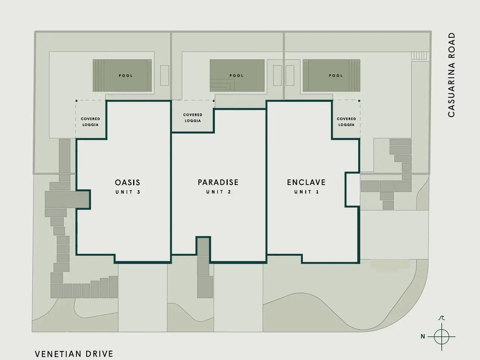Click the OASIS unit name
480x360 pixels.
127,183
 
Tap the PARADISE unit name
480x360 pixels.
218,182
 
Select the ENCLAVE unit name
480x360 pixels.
306,182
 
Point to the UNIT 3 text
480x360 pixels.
128,192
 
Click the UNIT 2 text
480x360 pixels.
219,192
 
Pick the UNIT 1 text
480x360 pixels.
306,192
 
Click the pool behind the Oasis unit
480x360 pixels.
122,75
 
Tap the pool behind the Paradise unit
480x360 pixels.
237,75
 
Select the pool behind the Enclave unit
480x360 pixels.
331,75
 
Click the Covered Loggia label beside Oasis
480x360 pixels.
90,122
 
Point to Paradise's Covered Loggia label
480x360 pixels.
193,118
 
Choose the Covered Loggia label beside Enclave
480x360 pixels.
346,122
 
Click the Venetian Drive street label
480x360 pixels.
74,354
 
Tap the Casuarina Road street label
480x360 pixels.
451,75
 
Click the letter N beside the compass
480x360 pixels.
423,337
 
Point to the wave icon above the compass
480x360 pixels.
441,318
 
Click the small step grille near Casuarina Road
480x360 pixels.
419,55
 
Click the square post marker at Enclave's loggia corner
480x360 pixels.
359,101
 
